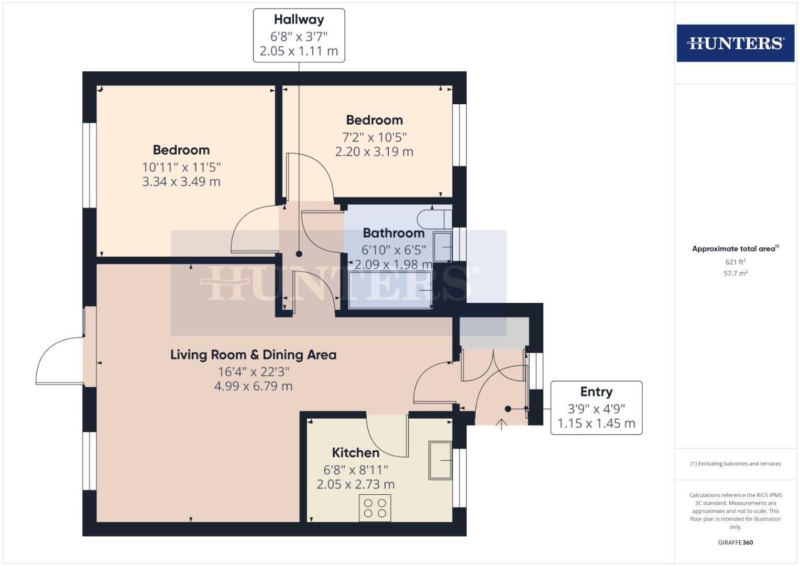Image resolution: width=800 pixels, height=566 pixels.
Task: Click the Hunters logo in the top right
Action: tap(735, 43)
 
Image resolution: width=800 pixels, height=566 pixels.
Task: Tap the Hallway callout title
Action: tap(299, 20)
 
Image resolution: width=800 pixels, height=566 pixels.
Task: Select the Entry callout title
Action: tap(596, 392)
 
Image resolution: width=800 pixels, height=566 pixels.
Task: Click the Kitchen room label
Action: tap(355, 453)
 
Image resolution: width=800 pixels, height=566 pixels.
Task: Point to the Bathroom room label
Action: tap(393, 233)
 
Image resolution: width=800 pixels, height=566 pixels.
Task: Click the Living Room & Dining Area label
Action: tap(253, 355)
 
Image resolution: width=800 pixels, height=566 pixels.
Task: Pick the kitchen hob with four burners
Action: tap(375, 507)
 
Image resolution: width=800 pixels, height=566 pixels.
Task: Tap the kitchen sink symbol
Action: tap(440, 460)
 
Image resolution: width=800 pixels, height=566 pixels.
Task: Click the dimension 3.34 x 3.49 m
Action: tap(181, 182)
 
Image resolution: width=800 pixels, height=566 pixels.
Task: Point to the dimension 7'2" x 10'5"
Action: tap(374, 137)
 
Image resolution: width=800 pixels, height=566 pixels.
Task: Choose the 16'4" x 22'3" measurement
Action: tap(254, 372)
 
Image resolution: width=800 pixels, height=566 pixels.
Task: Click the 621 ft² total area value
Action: tap(735, 262)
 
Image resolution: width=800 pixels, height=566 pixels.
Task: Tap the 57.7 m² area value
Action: tap(735, 274)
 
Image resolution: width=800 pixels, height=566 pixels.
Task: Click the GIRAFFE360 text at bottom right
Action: tap(735, 542)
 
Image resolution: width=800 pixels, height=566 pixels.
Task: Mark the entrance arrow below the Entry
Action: tap(501, 424)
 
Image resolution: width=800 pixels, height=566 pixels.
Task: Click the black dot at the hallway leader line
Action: tap(299, 254)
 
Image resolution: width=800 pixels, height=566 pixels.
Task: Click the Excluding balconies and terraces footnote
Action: tap(735, 464)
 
